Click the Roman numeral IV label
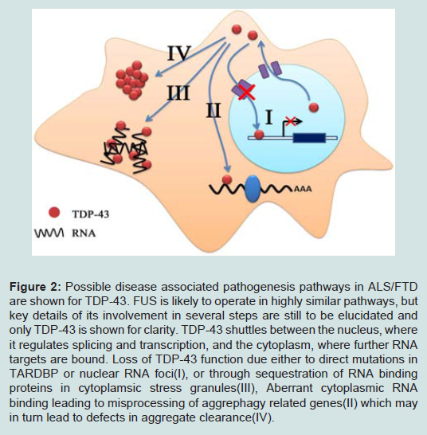pyautogui.click(x=179, y=53)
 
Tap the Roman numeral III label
pyautogui.click(x=178, y=93)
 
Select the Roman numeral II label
pyautogui.click(x=213, y=111)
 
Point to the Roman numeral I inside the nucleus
pyautogui.click(x=268, y=117)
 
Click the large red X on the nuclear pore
pyautogui.click(x=247, y=92)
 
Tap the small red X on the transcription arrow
pyautogui.click(x=291, y=121)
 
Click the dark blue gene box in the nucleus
pyautogui.click(x=309, y=138)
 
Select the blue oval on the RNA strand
pyautogui.click(x=253, y=188)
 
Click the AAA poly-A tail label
pyautogui.click(x=303, y=189)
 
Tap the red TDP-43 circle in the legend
pyautogui.click(x=54, y=213)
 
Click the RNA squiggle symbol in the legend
pyautogui.click(x=49, y=233)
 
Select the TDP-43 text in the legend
pyautogui.click(x=91, y=214)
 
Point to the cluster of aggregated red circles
pyautogui.click(x=131, y=80)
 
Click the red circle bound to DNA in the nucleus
pyautogui.click(x=259, y=135)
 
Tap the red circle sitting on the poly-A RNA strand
pyautogui.click(x=227, y=180)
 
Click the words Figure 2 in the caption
pyautogui.click(x=35, y=287)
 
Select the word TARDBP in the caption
pyautogui.click(x=33, y=374)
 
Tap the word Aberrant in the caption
pyautogui.click(x=289, y=388)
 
